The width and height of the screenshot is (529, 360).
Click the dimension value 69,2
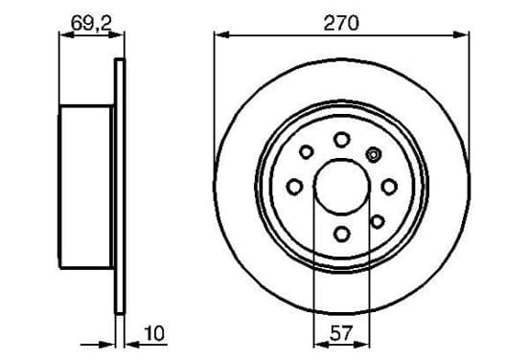91,23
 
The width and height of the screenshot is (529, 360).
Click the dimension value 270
341,23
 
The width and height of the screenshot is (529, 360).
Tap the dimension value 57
341,333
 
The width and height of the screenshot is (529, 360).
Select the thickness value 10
154,333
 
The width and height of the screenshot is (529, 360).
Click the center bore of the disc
341,187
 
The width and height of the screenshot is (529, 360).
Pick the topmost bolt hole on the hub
341,140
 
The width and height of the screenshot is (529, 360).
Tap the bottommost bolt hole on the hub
342,234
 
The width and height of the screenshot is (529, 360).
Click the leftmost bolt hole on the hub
294,187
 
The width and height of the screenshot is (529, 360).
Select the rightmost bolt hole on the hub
389,187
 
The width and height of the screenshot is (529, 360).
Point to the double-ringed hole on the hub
374,155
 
